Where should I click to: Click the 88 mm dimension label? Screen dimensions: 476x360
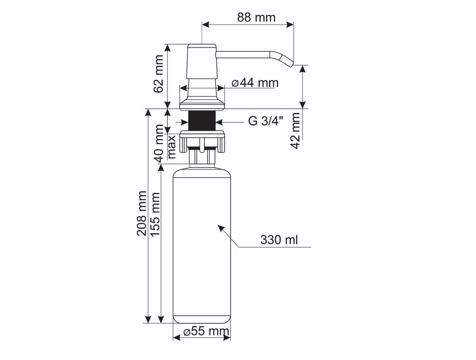click(256, 17)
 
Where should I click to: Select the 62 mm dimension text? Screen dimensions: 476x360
click(159, 74)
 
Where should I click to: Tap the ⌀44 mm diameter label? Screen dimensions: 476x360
click(255, 83)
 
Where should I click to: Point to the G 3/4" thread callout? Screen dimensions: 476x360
click(265, 121)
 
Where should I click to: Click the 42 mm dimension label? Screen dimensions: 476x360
click(295, 131)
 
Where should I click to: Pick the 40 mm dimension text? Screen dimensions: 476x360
click(159, 144)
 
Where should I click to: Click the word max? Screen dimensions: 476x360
click(171, 147)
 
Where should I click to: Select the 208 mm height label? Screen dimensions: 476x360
click(142, 213)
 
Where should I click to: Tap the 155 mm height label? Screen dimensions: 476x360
click(155, 214)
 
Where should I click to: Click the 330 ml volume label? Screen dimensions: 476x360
click(279, 240)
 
